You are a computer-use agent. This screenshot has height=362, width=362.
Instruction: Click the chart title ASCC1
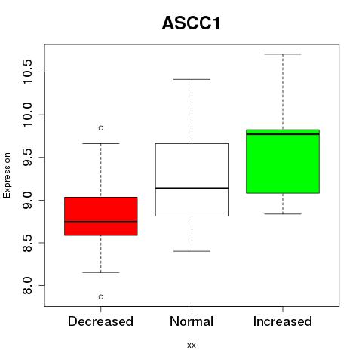[x=192, y=23]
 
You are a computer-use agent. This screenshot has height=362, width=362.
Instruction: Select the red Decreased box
[x=101, y=216]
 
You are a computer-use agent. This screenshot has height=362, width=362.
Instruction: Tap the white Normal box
[x=192, y=179]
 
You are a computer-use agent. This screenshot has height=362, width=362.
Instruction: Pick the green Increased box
[x=283, y=161]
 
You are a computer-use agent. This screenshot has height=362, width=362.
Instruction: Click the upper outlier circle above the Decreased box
[x=101, y=128]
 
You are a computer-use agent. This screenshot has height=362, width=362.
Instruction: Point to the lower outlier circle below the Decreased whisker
[x=101, y=297]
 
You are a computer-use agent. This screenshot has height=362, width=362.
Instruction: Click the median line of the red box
[x=101, y=222]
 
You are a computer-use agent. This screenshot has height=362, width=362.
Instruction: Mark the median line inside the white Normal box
[x=192, y=188]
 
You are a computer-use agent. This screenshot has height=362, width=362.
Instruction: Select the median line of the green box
[x=283, y=134]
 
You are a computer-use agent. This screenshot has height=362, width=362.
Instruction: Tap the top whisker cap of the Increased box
[x=283, y=54]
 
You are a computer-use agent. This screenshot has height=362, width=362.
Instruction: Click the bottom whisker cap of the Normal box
[x=192, y=251]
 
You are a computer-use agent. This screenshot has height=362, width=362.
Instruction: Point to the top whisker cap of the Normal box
[x=192, y=79]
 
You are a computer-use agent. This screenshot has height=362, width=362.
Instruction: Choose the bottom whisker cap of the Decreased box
[x=101, y=272]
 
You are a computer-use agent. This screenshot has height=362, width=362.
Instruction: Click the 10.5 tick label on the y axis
[x=27, y=72]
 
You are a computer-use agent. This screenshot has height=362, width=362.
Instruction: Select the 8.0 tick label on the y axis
[x=27, y=286]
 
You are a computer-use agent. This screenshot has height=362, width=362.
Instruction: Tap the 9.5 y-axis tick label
[x=27, y=158]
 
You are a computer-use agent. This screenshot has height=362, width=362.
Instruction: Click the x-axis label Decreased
[x=100, y=321]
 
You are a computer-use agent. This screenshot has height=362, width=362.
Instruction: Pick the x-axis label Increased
[x=283, y=321]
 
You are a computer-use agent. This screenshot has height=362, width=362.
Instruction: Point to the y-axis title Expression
[x=7, y=175]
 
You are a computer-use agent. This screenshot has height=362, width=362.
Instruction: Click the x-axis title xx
[x=192, y=345]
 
